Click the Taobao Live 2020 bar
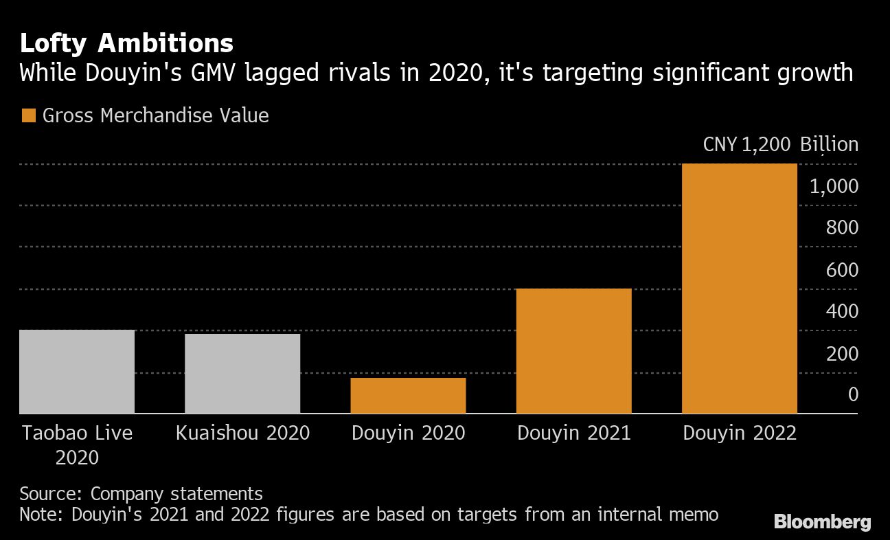point(77,372)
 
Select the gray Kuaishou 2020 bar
point(242,374)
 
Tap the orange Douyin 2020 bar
point(408,396)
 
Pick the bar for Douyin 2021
point(573,351)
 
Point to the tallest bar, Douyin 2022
point(739,289)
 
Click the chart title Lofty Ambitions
point(126,44)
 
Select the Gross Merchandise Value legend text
point(155,115)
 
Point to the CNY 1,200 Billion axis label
point(780,145)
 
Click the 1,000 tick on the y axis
point(834,187)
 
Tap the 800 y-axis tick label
point(842,228)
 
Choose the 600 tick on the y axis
point(842,270)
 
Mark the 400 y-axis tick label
point(842,312)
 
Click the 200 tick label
point(842,354)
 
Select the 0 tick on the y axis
point(853,395)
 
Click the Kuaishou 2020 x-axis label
point(242,434)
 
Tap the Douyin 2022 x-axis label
point(739,434)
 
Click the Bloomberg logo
point(822,522)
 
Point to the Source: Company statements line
point(141,493)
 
